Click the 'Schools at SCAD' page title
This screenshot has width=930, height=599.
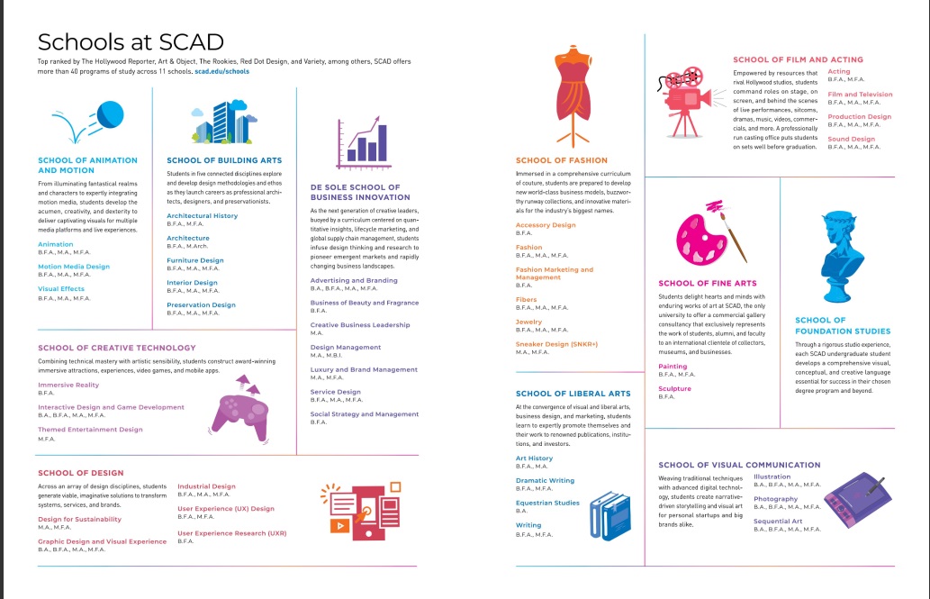coord(131,41)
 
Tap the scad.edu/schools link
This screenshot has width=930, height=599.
coord(221,70)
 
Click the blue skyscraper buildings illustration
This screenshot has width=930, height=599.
coord(221,123)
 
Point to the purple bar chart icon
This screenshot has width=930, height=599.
coord(362,144)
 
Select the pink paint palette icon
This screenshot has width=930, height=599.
coord(699,238)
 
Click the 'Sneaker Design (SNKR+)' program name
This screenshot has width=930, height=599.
coord(556,344)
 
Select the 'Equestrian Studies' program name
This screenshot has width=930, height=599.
coord(547,503)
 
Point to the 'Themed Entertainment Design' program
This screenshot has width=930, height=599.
coord(90,430)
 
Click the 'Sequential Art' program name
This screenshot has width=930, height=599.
coord(777,521)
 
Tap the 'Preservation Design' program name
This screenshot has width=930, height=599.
coord(200,304)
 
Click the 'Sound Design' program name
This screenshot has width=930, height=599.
coord(851,139)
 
